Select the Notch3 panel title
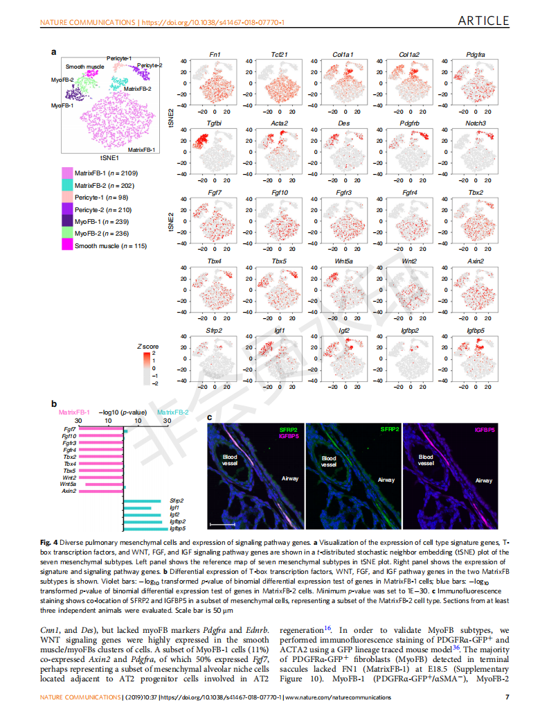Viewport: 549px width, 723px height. click(x=476, y=123)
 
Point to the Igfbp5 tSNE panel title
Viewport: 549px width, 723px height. click(x=476, y=331)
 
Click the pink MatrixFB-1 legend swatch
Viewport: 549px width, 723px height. click(x=66, y=173)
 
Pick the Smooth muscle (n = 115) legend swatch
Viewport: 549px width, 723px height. click(x=66, y=246)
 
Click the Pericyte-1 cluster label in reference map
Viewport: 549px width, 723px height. click(x=118, y=58)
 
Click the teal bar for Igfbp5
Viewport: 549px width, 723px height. click(x=145, y=529)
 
